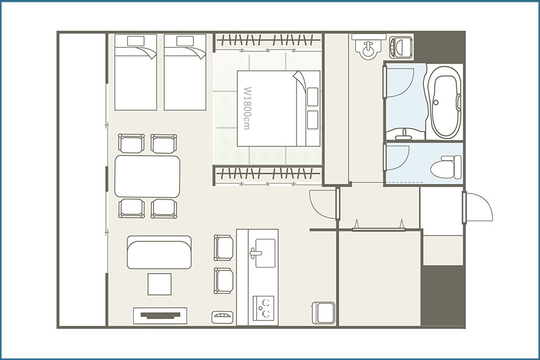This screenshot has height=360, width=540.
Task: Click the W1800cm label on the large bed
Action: click(x=246, y=108)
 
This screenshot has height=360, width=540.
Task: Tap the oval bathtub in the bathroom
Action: click(x=446, y=102)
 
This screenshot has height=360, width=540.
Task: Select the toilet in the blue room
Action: click(x=447, y=167)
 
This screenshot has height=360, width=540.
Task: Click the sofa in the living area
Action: click(x=159, y=253)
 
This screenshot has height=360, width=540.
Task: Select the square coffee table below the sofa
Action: click(x=159, y=284)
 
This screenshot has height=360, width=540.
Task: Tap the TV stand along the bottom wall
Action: click(x=160, y=316)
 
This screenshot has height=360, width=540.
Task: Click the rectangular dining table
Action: click(x=147, y=177)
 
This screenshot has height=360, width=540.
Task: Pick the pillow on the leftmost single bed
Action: click(x=136, y=41)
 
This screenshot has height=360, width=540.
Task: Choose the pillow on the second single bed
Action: click(x=185, y=41)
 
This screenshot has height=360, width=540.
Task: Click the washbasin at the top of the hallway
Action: click(x=368, y=48)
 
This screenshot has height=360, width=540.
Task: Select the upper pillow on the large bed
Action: click(x=312, y=97)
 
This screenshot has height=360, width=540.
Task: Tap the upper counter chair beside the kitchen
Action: click(x=223, y=247)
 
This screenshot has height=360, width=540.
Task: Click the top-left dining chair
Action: click(x=131, y=143)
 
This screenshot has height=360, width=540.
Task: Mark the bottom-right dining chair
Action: click(x=164, y=209)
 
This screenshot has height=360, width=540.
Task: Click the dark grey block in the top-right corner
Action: click(x=440, y=47)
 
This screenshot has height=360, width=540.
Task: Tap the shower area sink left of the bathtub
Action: click(x=404, y=133)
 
